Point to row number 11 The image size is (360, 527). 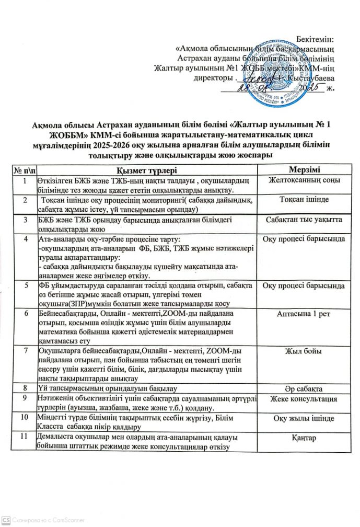(23, 437)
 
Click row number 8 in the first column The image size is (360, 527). (23, 388)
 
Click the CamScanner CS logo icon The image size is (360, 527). (6, 520)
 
